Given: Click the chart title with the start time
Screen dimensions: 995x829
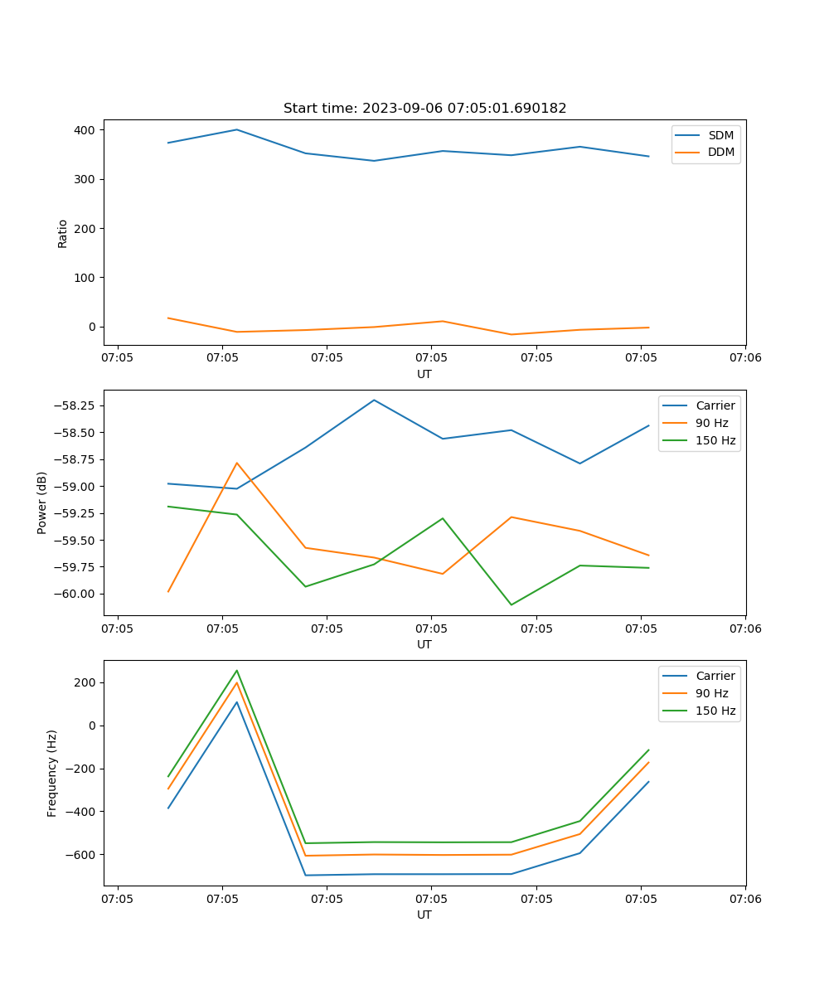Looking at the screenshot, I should [424, 109].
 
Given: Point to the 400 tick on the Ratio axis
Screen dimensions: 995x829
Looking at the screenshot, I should [85, 130].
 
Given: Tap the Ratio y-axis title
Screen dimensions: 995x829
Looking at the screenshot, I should [63, 233].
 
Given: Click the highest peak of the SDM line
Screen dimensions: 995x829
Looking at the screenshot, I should [237, 129].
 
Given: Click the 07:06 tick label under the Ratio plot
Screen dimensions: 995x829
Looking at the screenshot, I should [744, 357].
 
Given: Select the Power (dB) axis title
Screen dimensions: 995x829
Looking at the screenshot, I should [42, 502].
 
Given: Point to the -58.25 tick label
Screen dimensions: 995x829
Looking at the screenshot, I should [73, 405].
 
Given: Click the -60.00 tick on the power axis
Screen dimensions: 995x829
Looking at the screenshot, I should [73, 594].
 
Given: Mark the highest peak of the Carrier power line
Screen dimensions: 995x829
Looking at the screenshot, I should [374, 400].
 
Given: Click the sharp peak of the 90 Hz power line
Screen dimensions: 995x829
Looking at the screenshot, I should [237, 463].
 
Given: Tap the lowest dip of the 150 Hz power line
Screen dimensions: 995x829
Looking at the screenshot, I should [511, 604].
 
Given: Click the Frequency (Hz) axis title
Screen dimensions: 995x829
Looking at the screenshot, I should [52, 773].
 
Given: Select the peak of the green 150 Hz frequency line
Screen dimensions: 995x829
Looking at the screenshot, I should [237, 671].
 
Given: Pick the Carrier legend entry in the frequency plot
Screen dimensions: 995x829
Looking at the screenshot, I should [715, 676].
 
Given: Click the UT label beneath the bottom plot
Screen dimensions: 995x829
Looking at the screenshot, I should [424, 915].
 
